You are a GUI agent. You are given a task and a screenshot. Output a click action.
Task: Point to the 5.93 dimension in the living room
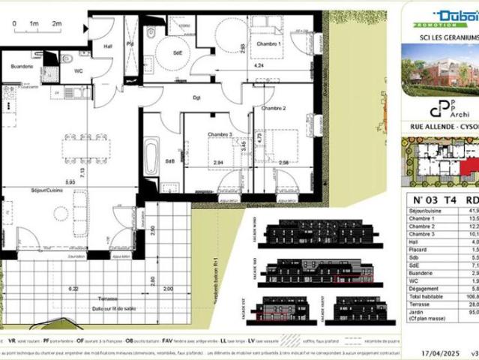click(x=69, y=182)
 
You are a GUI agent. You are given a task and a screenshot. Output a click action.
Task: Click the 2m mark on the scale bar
click(x=56, y=24)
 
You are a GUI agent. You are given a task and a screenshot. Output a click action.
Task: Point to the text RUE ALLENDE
click(x=432, y=127)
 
